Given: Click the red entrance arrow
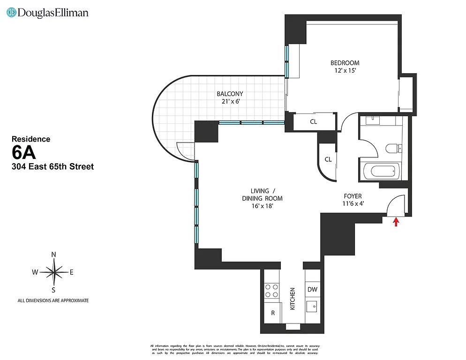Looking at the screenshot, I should pos(397,222).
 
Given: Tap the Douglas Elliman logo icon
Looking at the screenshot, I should pos(11,13).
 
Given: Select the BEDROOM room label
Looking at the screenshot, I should pos(345,63).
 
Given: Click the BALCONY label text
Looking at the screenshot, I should pos(230,94).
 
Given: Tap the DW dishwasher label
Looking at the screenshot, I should pos(312,289).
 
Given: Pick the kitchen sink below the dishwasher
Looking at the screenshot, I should pos(312,307).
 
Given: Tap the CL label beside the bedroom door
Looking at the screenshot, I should pos(313,122).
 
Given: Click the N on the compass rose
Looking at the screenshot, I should pos(53,255).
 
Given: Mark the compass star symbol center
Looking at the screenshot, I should pos(54,272).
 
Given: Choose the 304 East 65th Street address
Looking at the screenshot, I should pos(52,166).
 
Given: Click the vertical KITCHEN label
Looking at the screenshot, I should pos(292,299).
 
